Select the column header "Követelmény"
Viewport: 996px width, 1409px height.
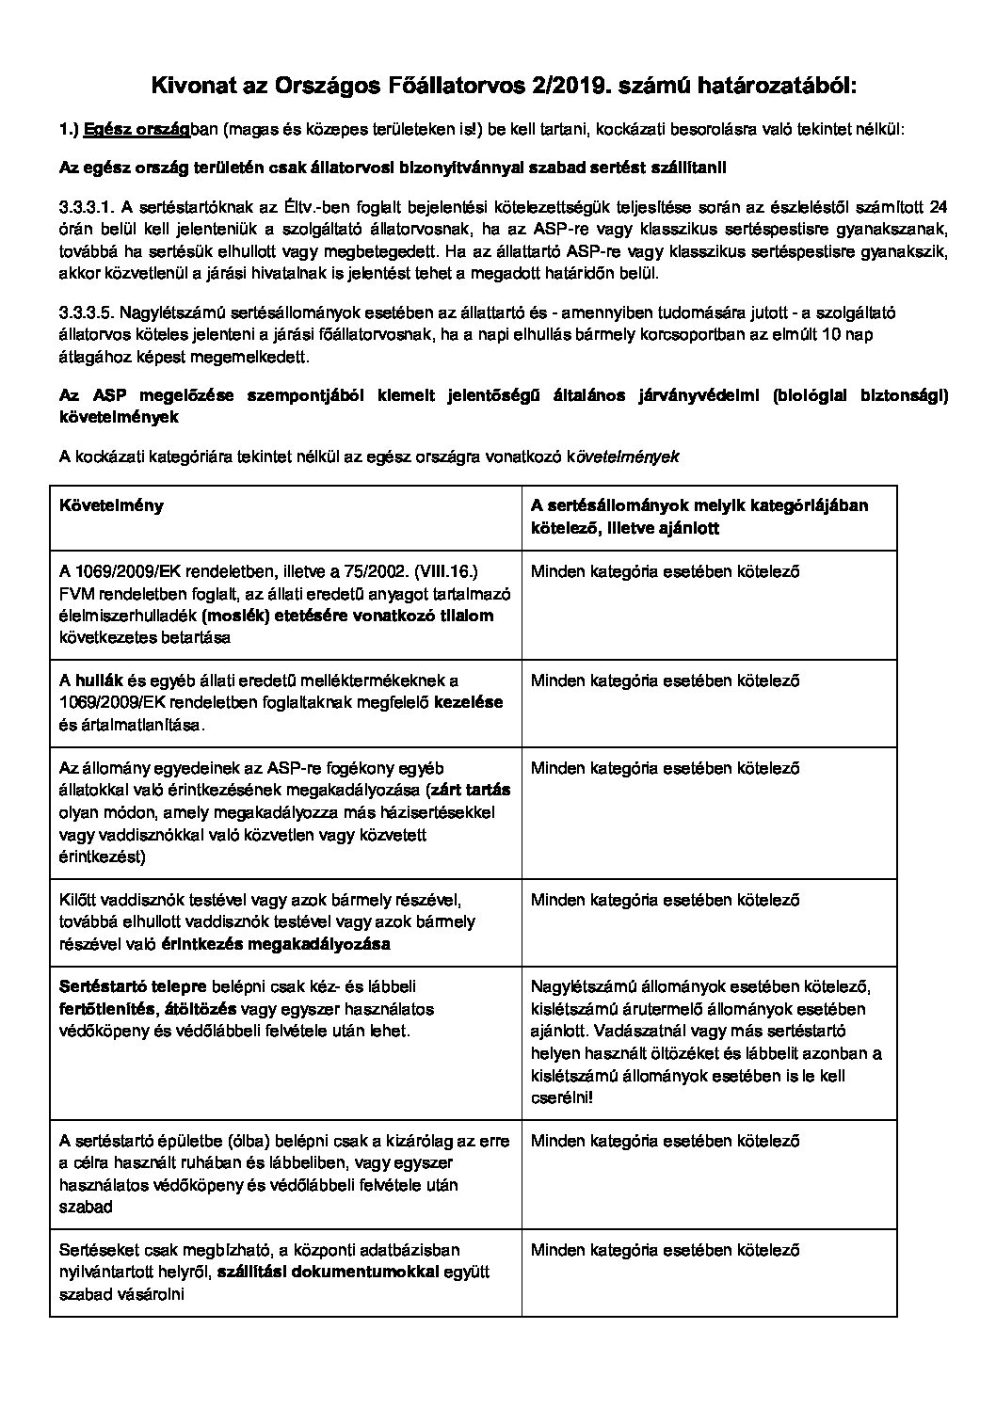click(111, 505)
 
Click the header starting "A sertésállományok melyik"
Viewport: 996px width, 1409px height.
click(699, 505)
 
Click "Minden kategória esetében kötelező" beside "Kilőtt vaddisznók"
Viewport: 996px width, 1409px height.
click(665, 900)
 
